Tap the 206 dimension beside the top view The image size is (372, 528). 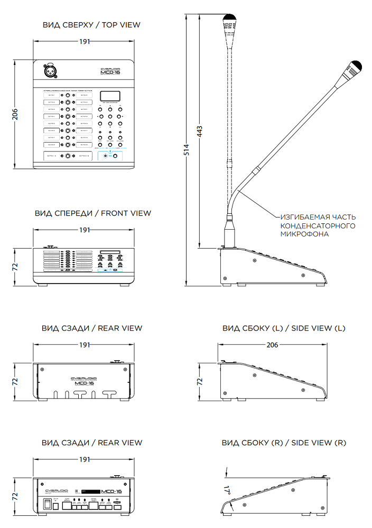tap(15, 114)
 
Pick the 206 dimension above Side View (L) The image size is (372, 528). tap(272, 344)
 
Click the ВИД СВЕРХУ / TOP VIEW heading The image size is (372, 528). tap(91, 25)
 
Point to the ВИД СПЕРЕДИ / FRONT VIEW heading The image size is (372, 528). tap(93, 213)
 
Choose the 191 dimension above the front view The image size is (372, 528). tap(85, 230)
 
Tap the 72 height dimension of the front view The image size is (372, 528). tap(15, 267)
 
